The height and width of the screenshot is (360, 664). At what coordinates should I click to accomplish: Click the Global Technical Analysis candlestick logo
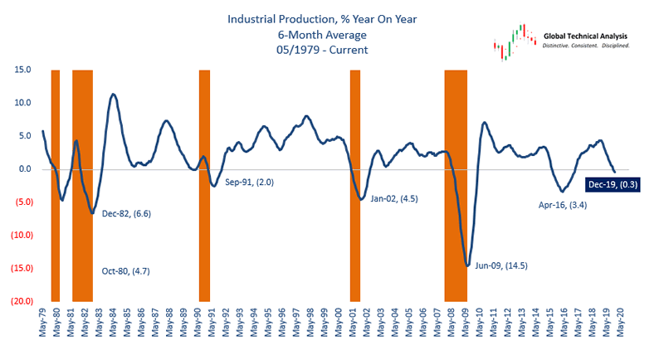tap(514, 42)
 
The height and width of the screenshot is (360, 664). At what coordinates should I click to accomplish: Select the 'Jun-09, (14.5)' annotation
tap(500, 266)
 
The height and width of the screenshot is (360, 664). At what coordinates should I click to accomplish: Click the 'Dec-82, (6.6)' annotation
tap(126, 214)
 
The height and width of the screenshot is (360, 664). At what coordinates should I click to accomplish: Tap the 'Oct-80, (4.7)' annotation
tap(126, 272)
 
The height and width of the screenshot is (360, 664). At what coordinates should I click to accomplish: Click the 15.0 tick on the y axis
tap(22, 71)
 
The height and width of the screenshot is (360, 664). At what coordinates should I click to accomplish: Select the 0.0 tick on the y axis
tap(25, 170)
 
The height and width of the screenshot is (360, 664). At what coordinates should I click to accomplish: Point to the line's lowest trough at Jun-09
tap(467, 265)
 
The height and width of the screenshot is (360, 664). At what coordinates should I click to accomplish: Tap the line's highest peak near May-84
tap(113, 95)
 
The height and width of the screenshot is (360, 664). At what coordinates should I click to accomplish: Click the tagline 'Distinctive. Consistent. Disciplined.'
tap(586, 45)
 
